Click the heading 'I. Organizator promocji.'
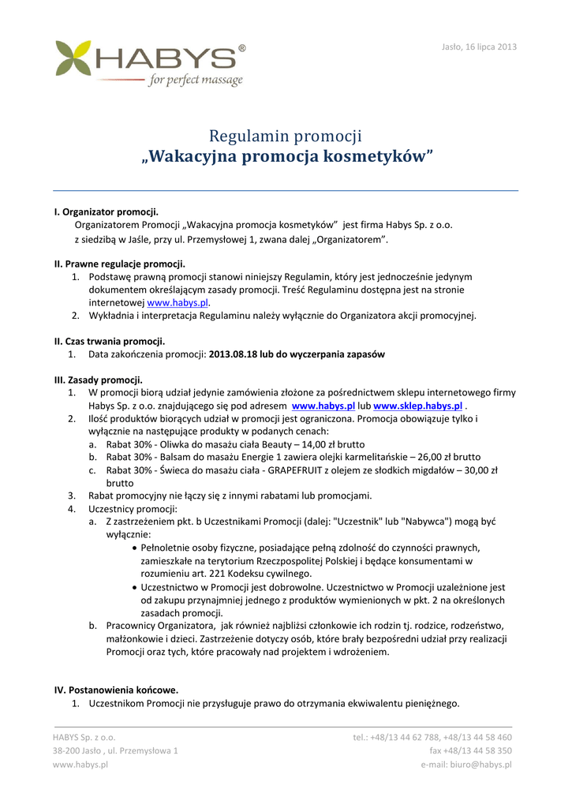106,212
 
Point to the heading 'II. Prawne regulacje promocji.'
119,264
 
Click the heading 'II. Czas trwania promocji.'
109,342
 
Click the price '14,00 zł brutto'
330,444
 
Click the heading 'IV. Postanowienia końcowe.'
116,690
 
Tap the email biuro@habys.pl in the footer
466,764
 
